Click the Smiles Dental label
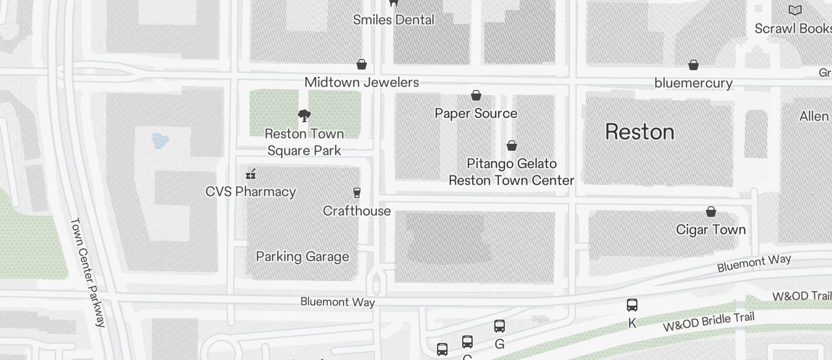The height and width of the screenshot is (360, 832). click(394, 20)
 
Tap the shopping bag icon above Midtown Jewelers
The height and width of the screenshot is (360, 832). click(362, 64)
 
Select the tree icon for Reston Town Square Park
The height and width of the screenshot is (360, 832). click(304, 115)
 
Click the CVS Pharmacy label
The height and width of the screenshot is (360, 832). click(251, 192)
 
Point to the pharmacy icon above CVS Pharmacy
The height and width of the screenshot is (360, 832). click(251, 174)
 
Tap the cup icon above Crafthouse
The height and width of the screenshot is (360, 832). click(356, 193)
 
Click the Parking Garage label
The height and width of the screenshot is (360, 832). click(303, 257)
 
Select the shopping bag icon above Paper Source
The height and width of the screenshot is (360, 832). click(476, 95)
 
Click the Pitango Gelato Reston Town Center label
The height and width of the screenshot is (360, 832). click(511, 172)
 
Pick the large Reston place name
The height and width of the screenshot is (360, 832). click(640, 132)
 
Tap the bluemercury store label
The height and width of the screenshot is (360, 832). click(694, 83)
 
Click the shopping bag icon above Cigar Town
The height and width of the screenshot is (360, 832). click(711, 212)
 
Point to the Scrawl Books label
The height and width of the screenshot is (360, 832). click(793, 29)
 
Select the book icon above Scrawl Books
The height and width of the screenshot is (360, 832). click(795, 10)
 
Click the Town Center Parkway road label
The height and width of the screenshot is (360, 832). click(88, 272)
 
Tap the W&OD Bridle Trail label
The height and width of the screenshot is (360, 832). click(708, 322)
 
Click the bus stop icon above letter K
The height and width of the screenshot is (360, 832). click(632, 304)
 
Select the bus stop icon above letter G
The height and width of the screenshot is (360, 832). click(500, 326)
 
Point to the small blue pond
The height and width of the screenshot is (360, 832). click(160, 140)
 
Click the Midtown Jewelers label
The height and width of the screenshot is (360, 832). click(362, 82)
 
